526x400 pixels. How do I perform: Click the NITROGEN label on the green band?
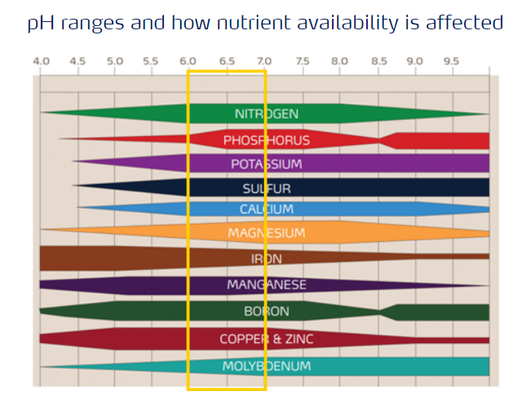pyautogui.click(x=266, y=114)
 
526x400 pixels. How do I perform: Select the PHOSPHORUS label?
pyautogui.click(x=266, y=140)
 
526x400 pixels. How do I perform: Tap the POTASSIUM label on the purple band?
pyautogui.click(x=266, y=165)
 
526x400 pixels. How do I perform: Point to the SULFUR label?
pyautogui.click(x=266, y=189)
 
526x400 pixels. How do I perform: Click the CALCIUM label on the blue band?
pyautogui.click(x=266, y=209)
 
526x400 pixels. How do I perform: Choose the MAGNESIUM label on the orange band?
pyautogui.click(x=266, y=234)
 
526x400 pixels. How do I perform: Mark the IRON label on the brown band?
pyautogui.click(x=266, y=259)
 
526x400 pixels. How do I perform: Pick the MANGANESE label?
pyautogui.click(x=266, y=285)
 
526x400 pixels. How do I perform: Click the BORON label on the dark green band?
pyautogui.click(x=266, y=311)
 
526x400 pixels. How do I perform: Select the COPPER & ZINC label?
pyautogui.click(x=266, y=338)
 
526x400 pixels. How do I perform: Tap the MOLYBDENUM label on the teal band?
pyautogui.click(x=266, y=367)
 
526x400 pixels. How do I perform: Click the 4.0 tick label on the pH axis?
pyautogui.click(x=41, y=61)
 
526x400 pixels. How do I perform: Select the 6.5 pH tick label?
pyautogui.click(x=226, y=61)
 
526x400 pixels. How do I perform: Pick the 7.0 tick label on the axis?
pyautogui.click(x=263, y=61)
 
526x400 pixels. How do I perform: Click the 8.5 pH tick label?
pyautogui.click(x=378, y=61)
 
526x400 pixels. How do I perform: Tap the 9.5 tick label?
pyautogui.click(x=451, y=61)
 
